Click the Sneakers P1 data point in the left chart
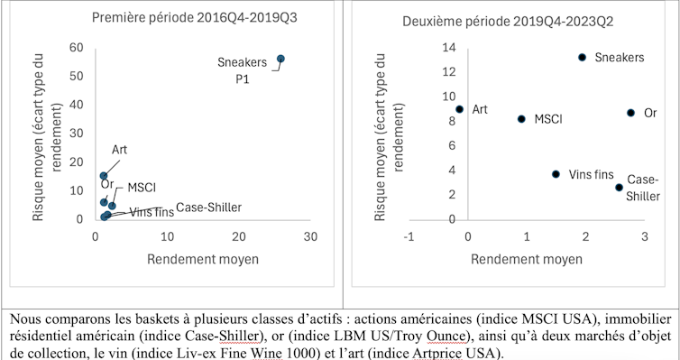point(280,59)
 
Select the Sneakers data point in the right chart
point(583,57)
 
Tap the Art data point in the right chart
point(459,109)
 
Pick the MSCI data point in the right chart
point(521,118)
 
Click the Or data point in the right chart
point(630,113)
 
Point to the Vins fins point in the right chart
point(556,174)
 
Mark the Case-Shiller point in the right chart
point(619,188)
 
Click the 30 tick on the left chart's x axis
point(310,237)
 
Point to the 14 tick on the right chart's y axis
point(449,47)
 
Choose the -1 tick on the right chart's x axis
point(409,237)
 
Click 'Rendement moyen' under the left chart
point(203,259)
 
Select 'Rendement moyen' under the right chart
point(528,259)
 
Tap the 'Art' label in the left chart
point(119,149)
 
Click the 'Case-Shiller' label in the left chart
point(208,208)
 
